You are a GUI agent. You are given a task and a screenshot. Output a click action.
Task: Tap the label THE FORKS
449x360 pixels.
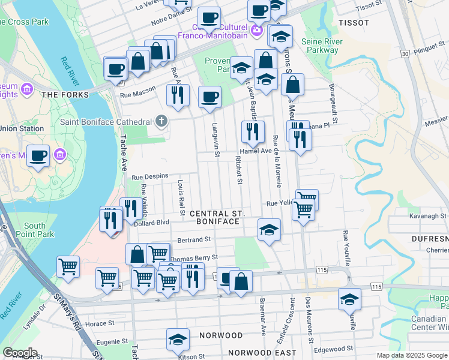tap(65, 95)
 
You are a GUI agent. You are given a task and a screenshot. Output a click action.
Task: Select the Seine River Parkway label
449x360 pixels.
tap(322, 46)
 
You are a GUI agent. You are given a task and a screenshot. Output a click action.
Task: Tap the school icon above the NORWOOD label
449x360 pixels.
tap(178, 340)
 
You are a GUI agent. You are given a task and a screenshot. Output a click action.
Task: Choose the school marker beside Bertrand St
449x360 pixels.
tap(269, 230)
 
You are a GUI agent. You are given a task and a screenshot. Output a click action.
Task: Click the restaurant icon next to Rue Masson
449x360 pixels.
tap(178, 95)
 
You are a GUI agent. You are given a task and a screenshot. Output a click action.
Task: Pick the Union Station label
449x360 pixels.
tap(22, 128)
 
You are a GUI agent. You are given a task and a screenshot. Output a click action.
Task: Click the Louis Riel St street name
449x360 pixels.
tap(181, 197)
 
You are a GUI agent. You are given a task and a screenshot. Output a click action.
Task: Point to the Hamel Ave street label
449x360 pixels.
tap(256, 152)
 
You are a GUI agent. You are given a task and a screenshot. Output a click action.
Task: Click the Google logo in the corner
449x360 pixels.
tap(20, 353)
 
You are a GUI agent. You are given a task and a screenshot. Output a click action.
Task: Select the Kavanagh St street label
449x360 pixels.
tap(429, 215)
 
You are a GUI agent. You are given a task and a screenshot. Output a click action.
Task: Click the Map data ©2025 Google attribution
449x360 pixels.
tap(412, 355)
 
